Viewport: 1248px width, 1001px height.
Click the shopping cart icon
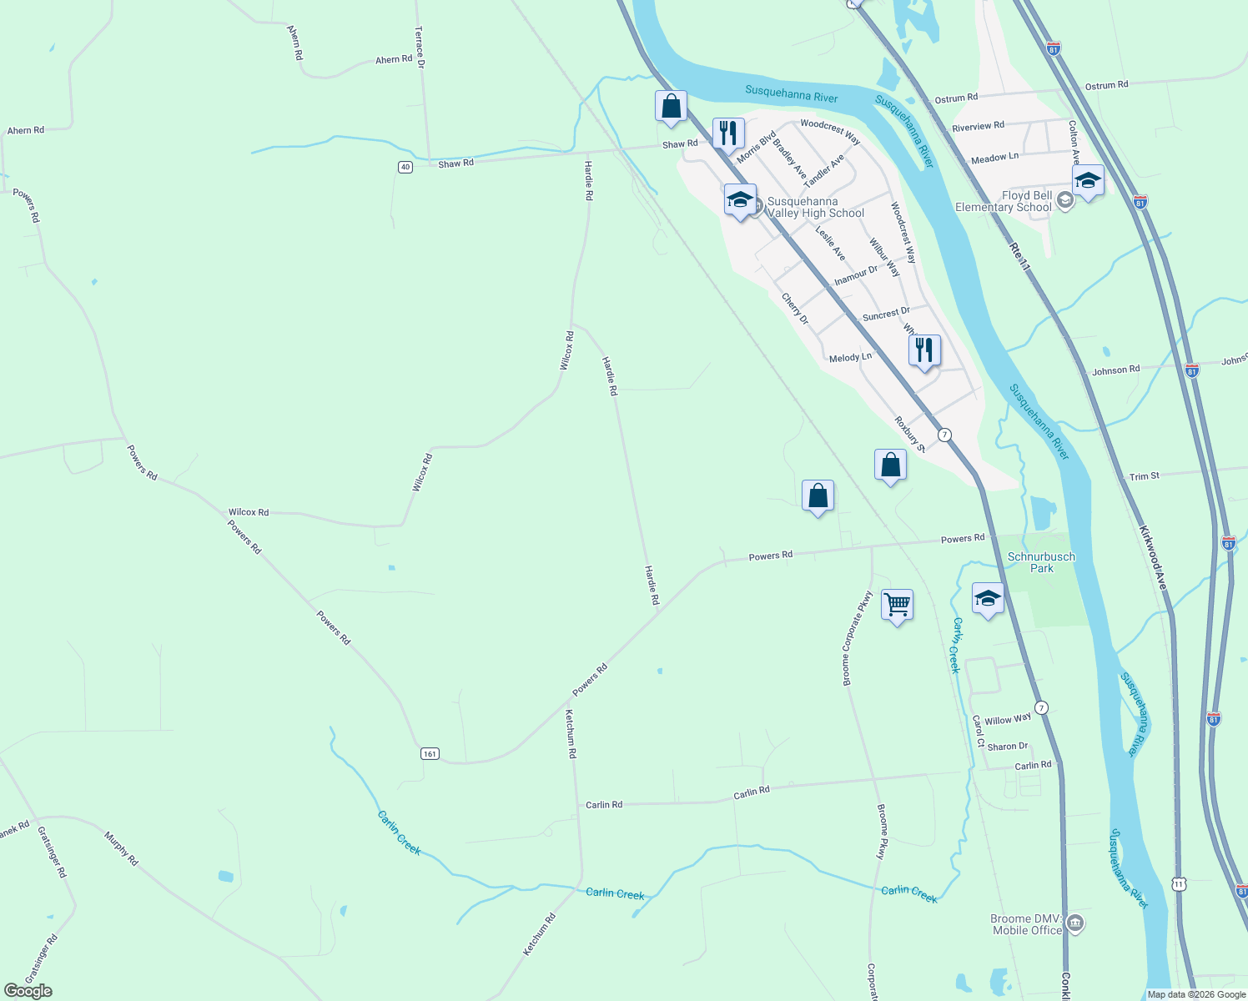pyautogui.click(x=897, y=604)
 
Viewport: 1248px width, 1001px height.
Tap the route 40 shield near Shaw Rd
pyautogui.click(x=405, y=167)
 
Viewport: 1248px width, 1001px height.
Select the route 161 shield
pyautogui.click(x=430, y=754)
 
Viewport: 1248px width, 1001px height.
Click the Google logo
pyautogui.click(x=28, y=991)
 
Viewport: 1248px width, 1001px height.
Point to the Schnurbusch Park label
pyautogui.click(x=1041, y=562)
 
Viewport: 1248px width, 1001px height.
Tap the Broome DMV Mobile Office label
pyautogui.click(x=1026, y=924)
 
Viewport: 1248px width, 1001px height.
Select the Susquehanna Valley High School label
pyautogui.click(x=816, y=208)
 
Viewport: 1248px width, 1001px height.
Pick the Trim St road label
pyautogui.click(x=1144, y=476)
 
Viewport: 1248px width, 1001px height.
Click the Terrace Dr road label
pyautogui.click(x=420, y=47)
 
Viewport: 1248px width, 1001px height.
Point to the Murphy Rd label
pyautogui.click(x=121, y=848)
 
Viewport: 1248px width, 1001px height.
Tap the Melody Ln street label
pyautogui.click(x=850, y=357)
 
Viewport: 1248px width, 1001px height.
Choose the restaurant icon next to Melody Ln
pyautogui.click(x=924, y=350)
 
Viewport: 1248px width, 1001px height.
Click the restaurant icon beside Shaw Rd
pyautogui.click(x=728, y=133)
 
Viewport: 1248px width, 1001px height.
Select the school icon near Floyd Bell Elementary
pyautogui.click(x=1088, y=180)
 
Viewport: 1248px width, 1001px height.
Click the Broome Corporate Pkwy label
pyautogui.click(x=857, y=638)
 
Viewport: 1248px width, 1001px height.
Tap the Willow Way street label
pyautogui.click(x=1008, y=719)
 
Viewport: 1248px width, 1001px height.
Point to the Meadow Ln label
pyautogui.click(x=994, y=158)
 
